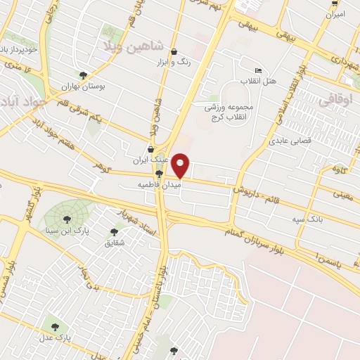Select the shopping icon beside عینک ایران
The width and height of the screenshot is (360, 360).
(x=151, y=148)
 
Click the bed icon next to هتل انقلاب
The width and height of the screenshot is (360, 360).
(x=258, y=71)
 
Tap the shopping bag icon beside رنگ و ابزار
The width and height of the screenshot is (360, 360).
(x=174, y=51)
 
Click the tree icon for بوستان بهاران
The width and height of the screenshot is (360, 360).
(x=84, y=74)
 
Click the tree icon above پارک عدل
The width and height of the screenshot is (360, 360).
(x=56, y=326)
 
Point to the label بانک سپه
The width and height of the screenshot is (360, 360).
(x=308, y=219)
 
